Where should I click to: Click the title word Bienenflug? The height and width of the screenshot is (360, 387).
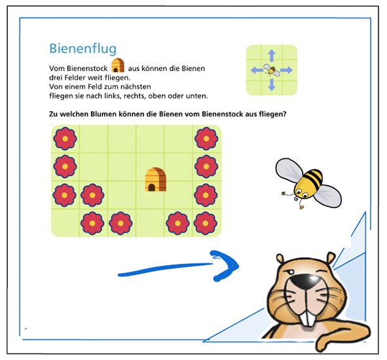point(83,49)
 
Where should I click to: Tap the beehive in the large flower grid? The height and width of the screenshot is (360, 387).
point(155,179)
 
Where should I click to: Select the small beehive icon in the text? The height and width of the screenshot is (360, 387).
point(118,65)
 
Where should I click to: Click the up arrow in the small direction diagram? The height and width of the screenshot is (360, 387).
point(272,55)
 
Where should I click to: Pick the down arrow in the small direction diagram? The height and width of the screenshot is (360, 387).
point(272,84)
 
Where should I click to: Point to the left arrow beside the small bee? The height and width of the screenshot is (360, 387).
point(257,70)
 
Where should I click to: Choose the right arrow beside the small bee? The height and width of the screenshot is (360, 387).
point(286,70)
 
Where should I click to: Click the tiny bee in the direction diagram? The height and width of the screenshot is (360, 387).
point(272,70)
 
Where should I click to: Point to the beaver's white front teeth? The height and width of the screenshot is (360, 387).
point(308,318)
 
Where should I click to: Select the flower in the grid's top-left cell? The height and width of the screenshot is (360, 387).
point(65,139)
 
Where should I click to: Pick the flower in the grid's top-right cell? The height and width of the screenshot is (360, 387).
point(206,139)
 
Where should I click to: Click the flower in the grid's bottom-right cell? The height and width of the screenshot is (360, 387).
point(206,223)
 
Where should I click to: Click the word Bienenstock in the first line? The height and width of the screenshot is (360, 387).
point(78,68)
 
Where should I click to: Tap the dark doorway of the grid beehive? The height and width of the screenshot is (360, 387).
point(151,187)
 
